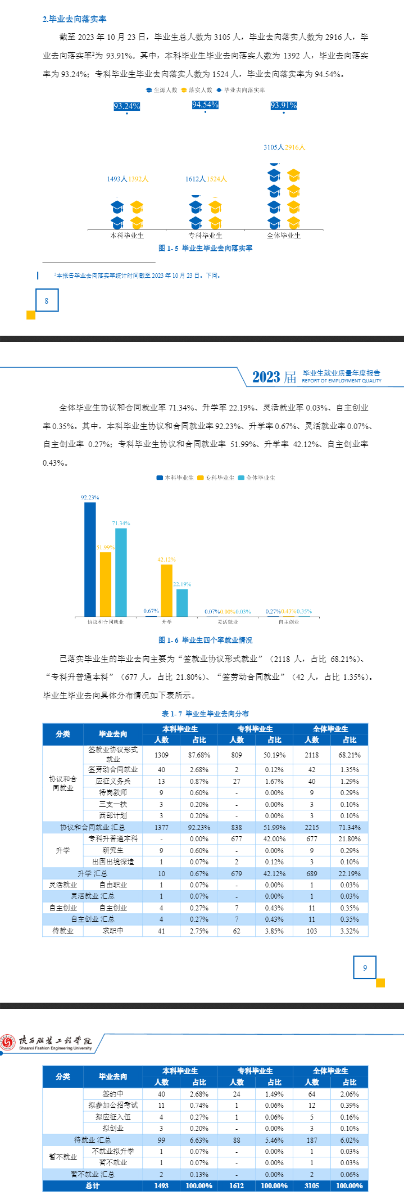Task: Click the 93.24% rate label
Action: coord(127,106)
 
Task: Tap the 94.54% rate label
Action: coord(205,105)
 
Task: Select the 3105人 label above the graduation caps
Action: coord(274,147)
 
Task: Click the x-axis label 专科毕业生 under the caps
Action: coord(205,236)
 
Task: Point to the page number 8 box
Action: coord(47,301)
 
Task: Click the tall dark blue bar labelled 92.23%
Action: coord(90,559)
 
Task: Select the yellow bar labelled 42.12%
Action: coord(166,590)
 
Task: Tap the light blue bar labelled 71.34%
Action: coord(121,572)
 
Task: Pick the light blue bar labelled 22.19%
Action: coord(182,603)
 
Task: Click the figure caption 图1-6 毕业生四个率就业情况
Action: coord(205,640)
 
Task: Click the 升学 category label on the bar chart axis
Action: coord(167,622)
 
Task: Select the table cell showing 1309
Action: coord(161,755)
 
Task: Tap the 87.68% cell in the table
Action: coord(199,755)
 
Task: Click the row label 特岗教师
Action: coord(113,793)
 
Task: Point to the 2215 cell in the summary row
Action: coord(312,828)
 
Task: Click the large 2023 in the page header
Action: coord(266,377)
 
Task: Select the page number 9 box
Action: coord(365,968)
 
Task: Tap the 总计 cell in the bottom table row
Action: coord(93,1185)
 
